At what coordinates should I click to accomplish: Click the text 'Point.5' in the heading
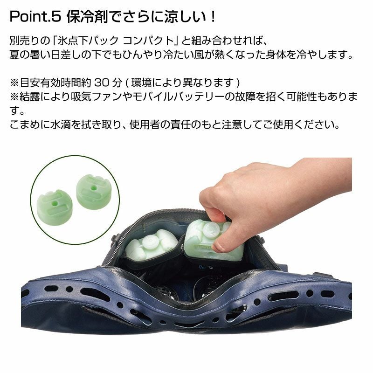pyautogui.click(x=36, y=17)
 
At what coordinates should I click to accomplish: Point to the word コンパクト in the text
pyautogui.click(x=149, y=41)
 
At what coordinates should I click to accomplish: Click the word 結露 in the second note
pyautogui.click(x=29, y=97)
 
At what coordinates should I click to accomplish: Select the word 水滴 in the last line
pyautogui.click(x=61, y=124)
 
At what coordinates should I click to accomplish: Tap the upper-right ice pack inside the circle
pyautogui.click(x=94, y=192)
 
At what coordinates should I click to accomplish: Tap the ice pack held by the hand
pyautogui.click(x=212, y=240)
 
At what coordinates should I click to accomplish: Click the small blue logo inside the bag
pyautogui.click(x=205, y=267)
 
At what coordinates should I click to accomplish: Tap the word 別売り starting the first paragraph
pyautogui.click(x=25, y=41)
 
